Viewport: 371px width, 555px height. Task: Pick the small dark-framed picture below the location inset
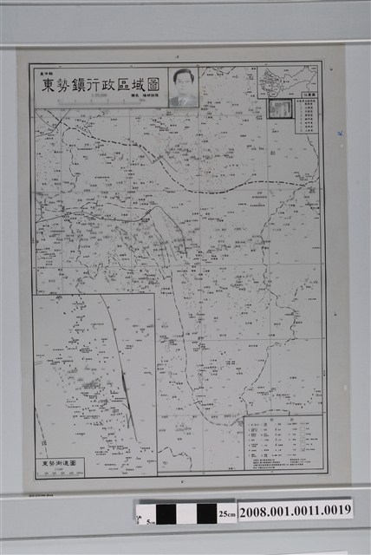280,108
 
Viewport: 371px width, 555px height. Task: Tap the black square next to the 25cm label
206,513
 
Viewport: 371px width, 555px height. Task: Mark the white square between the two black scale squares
187,513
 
